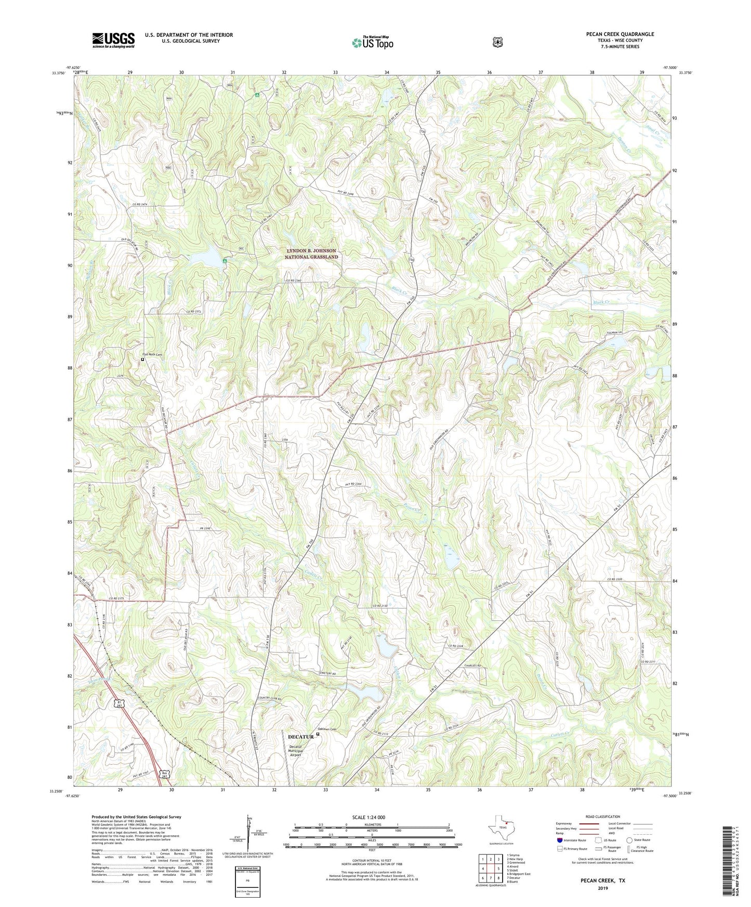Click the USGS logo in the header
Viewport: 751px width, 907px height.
(113, 40)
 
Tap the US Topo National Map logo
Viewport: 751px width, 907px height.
(372, 42)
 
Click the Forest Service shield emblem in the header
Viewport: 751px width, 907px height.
(498, 42)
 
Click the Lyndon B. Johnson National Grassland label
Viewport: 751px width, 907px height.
(311, 254)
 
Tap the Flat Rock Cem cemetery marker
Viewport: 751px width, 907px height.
(143, 359)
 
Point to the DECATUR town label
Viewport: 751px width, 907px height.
(300, 737)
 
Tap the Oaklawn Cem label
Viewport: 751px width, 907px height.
(327, 729)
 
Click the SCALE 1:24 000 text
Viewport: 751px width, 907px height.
(368, 818)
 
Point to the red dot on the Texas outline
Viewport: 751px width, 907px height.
(507, 822)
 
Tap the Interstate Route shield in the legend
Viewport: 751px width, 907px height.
(560, 840)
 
